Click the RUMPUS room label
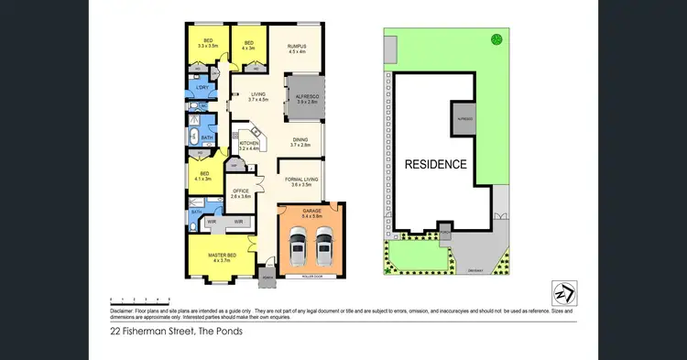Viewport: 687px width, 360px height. tap(296, 46)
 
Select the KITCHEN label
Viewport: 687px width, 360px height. tap(249, 144)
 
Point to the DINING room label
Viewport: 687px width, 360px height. tap(301, 141)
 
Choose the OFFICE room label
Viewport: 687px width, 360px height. tap(241, 191)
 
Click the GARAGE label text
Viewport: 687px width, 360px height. tap(312, 210)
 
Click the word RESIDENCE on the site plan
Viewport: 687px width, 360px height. tap(436, 165)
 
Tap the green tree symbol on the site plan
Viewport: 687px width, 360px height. tap(496, 38)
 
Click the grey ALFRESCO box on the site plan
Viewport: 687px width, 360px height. tap(463, 120)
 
